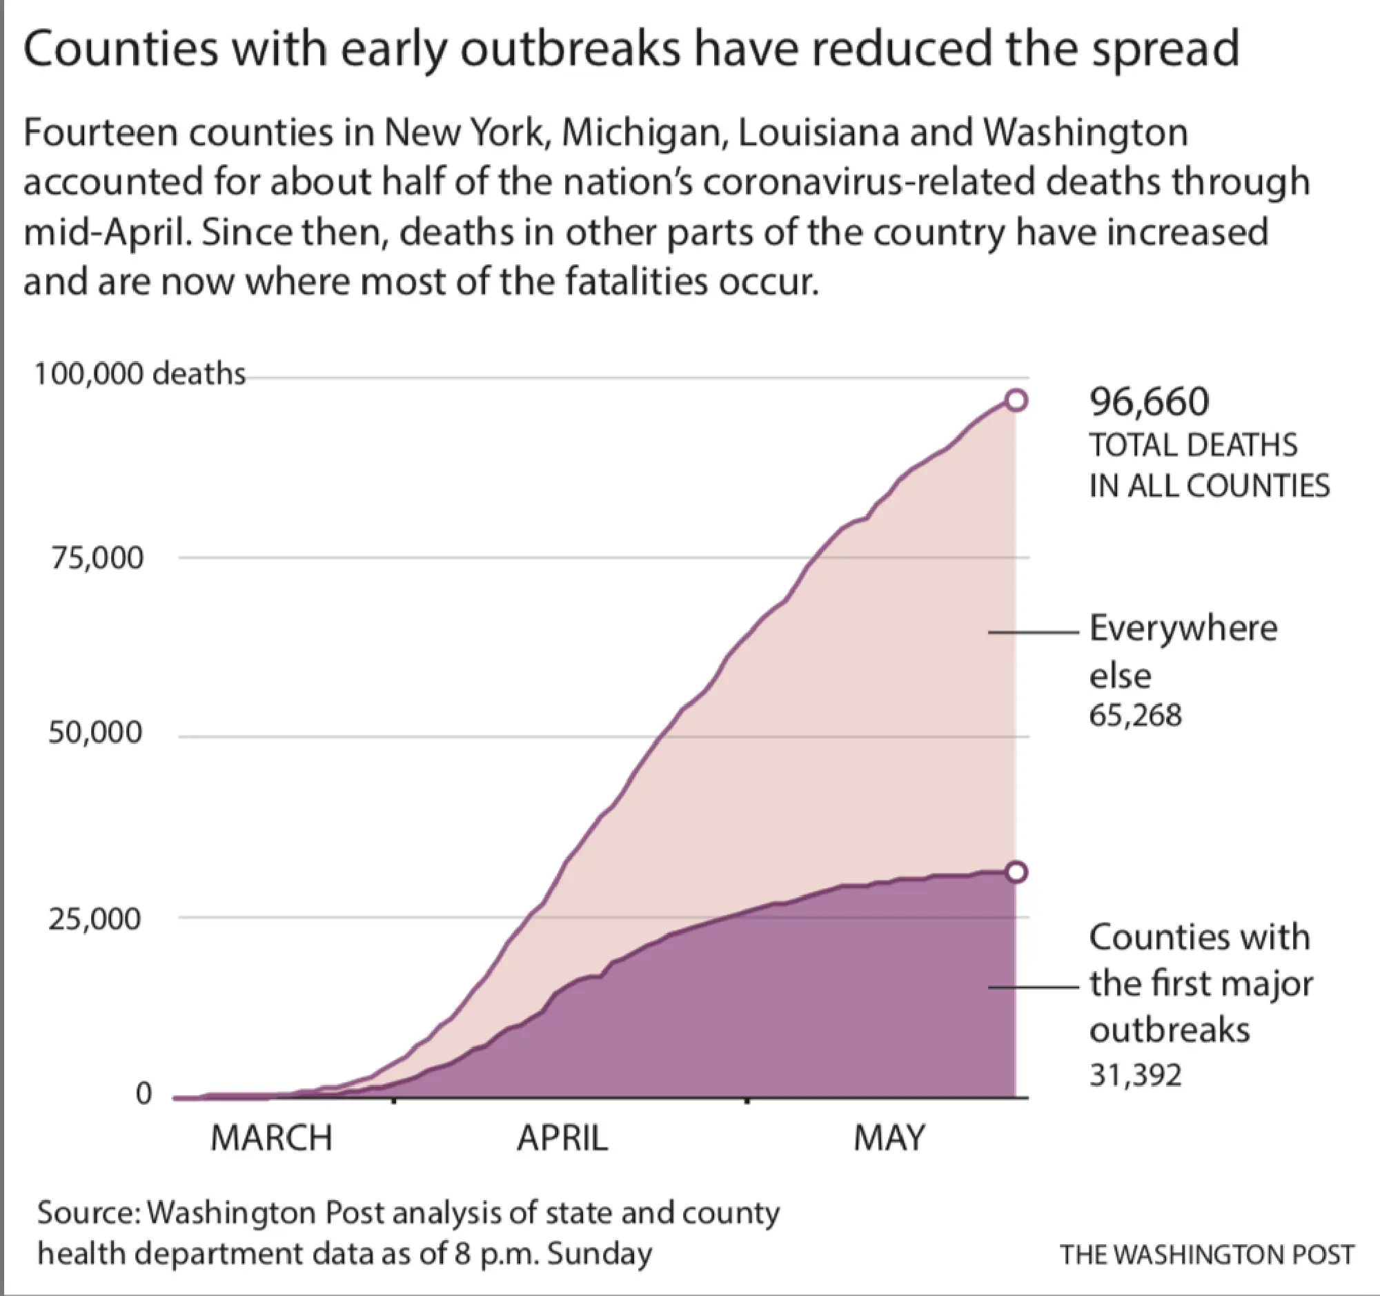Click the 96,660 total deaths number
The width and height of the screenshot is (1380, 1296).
coord(1149,402)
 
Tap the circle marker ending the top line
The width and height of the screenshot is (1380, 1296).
coord(1016,400)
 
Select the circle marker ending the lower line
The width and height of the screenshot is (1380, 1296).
coord(1016,872)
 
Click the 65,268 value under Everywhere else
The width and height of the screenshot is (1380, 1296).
coord(1135,715)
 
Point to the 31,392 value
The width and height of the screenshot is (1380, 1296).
coord(1135,1074)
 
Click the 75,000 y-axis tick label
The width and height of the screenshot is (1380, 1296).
coord(96,558)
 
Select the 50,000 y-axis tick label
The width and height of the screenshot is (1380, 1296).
coord(95,734)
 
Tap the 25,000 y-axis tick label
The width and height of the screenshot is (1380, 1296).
coord(95,919)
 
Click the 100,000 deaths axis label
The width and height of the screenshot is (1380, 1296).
coord(139,374)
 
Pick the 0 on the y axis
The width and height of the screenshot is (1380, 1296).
coord(142,1094)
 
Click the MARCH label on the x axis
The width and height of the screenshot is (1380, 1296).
coord(271,1139)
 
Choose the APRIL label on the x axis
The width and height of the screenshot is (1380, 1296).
coord(562,1139)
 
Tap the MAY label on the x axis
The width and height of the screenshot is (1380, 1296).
coord(889,1139)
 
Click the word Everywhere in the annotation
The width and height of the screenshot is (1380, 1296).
coord(1183,628)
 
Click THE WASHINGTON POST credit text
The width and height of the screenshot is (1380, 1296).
coord(1206,1255)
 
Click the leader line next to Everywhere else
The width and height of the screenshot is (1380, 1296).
coord(1033,632)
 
